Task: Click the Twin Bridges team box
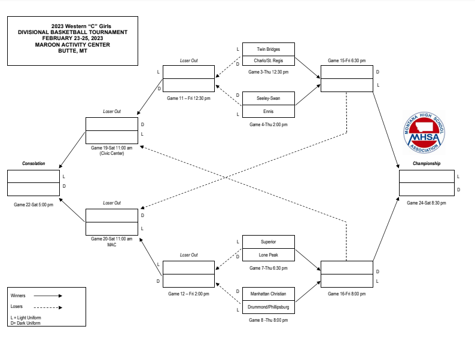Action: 268,49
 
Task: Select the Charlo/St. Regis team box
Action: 268,62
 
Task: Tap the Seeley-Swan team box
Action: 268,98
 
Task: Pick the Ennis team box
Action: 268,111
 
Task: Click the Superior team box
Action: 268,242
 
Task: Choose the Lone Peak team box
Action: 268,255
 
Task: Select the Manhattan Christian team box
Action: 268,294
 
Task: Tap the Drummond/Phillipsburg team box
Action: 268,307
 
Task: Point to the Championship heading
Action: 427,163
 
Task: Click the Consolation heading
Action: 34,163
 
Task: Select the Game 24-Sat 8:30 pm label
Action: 427,203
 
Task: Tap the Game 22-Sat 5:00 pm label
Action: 34,205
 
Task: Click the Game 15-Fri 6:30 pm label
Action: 347,61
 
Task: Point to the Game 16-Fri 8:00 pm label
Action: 347,294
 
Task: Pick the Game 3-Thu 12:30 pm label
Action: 268,72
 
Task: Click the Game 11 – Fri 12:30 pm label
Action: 188,98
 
